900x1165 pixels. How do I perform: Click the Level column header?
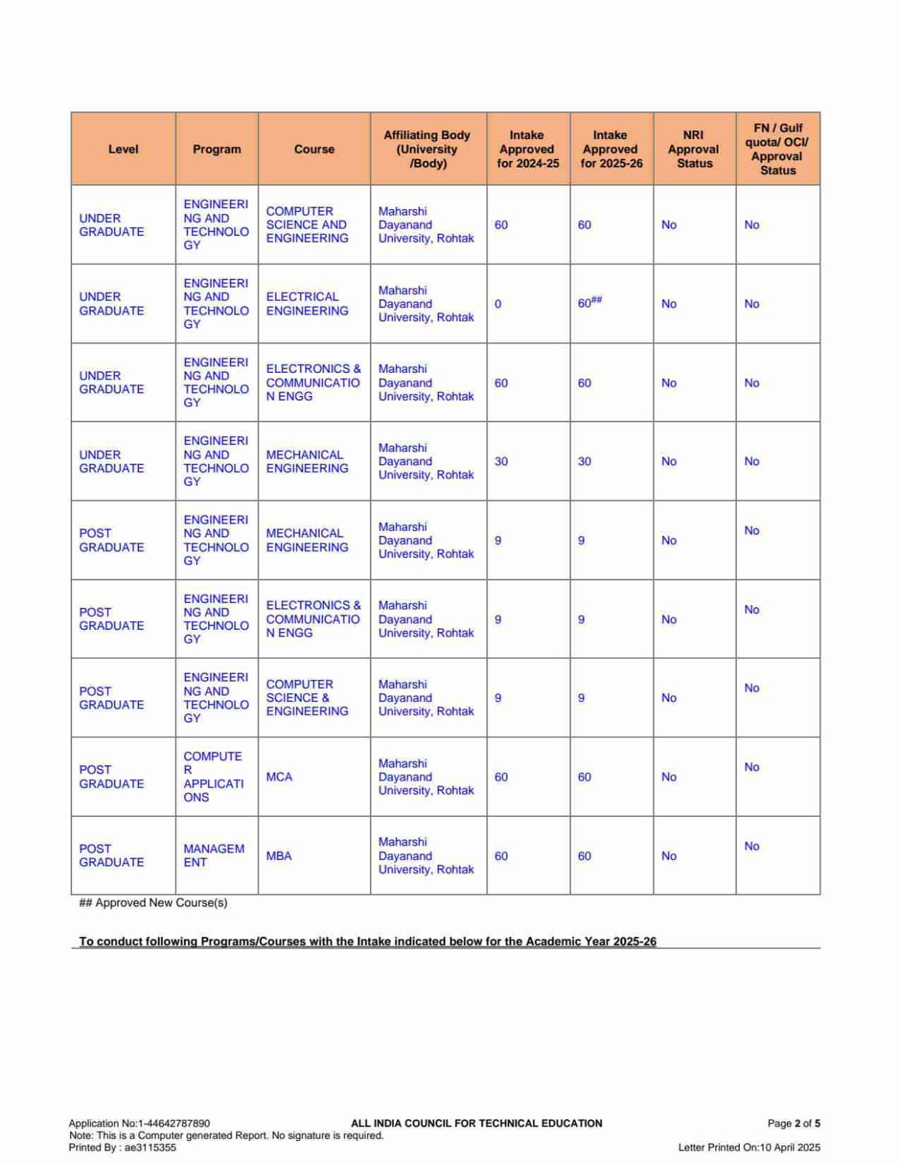coord(123,149)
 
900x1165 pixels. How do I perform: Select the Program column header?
coord(216,149)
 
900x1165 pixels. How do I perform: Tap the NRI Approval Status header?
coord(694,149)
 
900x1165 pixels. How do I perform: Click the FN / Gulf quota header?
coord(777,149)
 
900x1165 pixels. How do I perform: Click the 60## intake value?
coord(589,303)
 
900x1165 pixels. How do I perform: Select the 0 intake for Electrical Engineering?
coord(498,304)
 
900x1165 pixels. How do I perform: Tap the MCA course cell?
coord(279,777)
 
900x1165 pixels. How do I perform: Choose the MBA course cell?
coord(279,856)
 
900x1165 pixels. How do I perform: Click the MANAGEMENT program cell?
coord(213,856)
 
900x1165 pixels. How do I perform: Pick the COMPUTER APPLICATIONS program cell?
coord(213,777)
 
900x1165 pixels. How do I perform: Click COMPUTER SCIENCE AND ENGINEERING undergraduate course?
coord(307,225)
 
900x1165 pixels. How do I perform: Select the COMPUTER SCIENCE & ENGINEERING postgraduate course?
coord(307,698)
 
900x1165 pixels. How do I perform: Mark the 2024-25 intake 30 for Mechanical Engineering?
coord(501,462)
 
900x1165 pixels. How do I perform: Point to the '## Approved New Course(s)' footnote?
coord(153,903)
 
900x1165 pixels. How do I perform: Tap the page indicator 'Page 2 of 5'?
coord(793,1123)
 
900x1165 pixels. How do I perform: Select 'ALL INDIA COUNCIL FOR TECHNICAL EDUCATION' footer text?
coord(476,1123)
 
